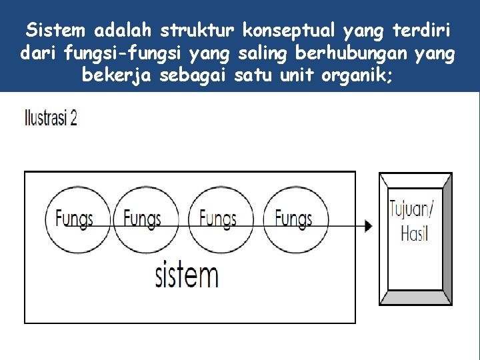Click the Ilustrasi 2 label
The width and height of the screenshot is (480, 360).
click(51, 119)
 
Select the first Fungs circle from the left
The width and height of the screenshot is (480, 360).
click(74, 218)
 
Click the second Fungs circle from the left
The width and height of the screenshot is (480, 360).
click(142, 218)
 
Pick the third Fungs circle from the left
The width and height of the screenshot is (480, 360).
click(217, 218)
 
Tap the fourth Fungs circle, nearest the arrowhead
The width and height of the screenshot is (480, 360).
click(293, 218)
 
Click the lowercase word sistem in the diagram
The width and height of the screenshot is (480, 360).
click(187, 274)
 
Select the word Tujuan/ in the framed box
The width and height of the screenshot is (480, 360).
click(411, 208)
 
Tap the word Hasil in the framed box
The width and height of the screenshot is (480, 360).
click(414, 233)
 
